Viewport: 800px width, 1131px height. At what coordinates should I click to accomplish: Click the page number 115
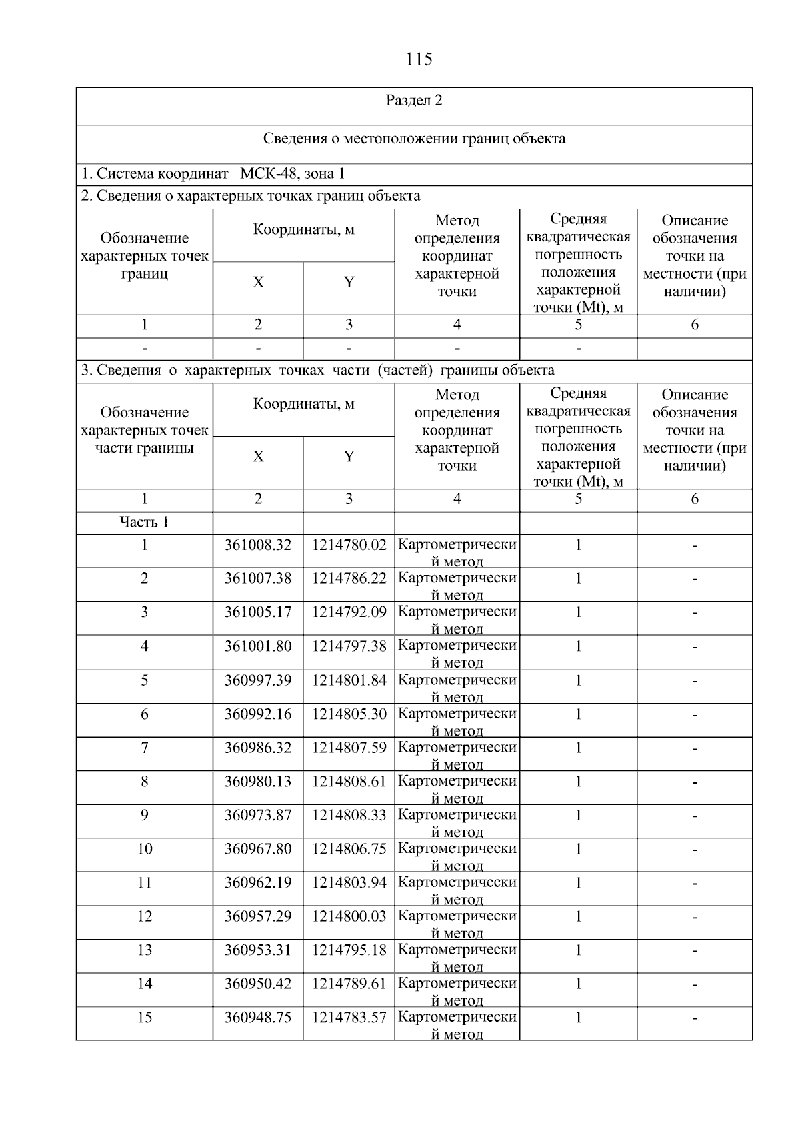tap(419, 59)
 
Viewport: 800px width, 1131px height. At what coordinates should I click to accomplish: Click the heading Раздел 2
tap(414, 101)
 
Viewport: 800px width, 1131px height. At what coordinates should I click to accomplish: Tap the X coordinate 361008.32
tap(258, 545)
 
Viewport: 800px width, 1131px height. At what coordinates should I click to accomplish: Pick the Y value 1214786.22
tap(349, 578)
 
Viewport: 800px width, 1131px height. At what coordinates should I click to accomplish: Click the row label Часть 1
tap(144, 522)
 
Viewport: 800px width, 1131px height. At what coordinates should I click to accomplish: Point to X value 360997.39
tap(258, 680)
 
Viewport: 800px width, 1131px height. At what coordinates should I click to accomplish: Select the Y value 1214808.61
tap(349, 781)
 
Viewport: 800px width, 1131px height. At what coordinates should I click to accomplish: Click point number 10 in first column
tap(144, 848)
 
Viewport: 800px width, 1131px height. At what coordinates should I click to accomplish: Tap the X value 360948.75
tap(258, 1017)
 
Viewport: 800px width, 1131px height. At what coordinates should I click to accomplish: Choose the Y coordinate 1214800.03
tap(349, 916)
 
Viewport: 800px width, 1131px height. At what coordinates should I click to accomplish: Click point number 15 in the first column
tap(144, 1017)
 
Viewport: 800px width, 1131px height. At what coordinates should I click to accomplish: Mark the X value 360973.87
tap(258, 814)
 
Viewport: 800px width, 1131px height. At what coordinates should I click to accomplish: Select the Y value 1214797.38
tap(349, 646)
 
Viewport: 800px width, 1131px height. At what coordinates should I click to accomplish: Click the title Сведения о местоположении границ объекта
tap(414, 139)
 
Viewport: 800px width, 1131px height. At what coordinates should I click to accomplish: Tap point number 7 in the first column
tap(144, 748)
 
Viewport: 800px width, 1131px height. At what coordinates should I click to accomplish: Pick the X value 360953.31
tap(258, 950)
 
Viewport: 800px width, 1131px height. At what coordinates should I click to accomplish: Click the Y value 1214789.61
tap(349, 983)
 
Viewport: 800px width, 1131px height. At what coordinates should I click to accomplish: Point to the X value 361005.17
tap(258, 612)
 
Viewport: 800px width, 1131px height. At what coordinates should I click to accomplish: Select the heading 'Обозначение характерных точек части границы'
tap(144, 430)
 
